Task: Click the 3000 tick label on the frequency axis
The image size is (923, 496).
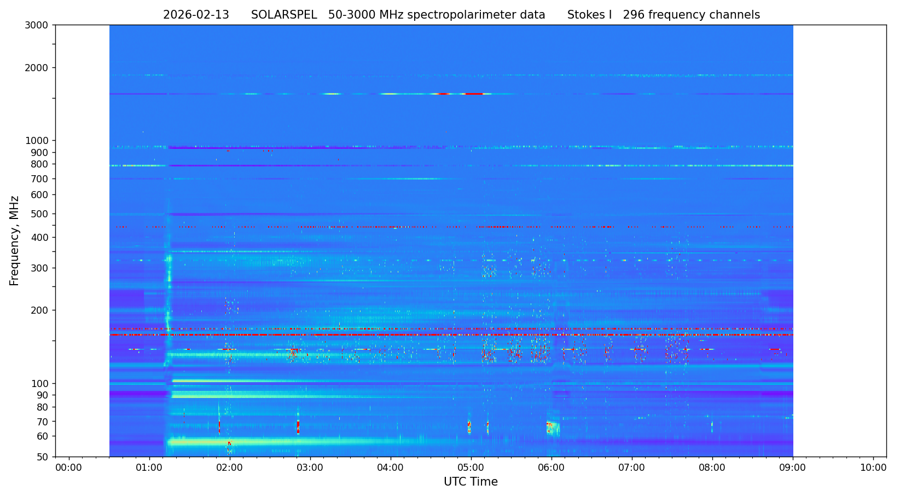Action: [40, 25]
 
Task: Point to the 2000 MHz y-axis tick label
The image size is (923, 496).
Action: [40, 68]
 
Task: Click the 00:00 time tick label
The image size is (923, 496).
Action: [69, 468]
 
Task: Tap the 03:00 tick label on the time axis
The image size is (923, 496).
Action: [310, 468]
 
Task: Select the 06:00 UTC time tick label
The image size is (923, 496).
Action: [552, 468]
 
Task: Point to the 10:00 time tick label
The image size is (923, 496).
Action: [873, 468]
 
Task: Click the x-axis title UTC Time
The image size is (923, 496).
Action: [471, 482]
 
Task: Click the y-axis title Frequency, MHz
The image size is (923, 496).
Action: [15, 240]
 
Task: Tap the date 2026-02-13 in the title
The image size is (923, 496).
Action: [196, 15]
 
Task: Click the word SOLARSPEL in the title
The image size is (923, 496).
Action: [284, 15]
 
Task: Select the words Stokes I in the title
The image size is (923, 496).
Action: [589, 15]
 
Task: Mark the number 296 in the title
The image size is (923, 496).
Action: [634, 15]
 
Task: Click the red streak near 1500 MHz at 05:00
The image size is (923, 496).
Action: [474, 94]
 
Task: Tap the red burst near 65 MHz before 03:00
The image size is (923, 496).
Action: [298, 426]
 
